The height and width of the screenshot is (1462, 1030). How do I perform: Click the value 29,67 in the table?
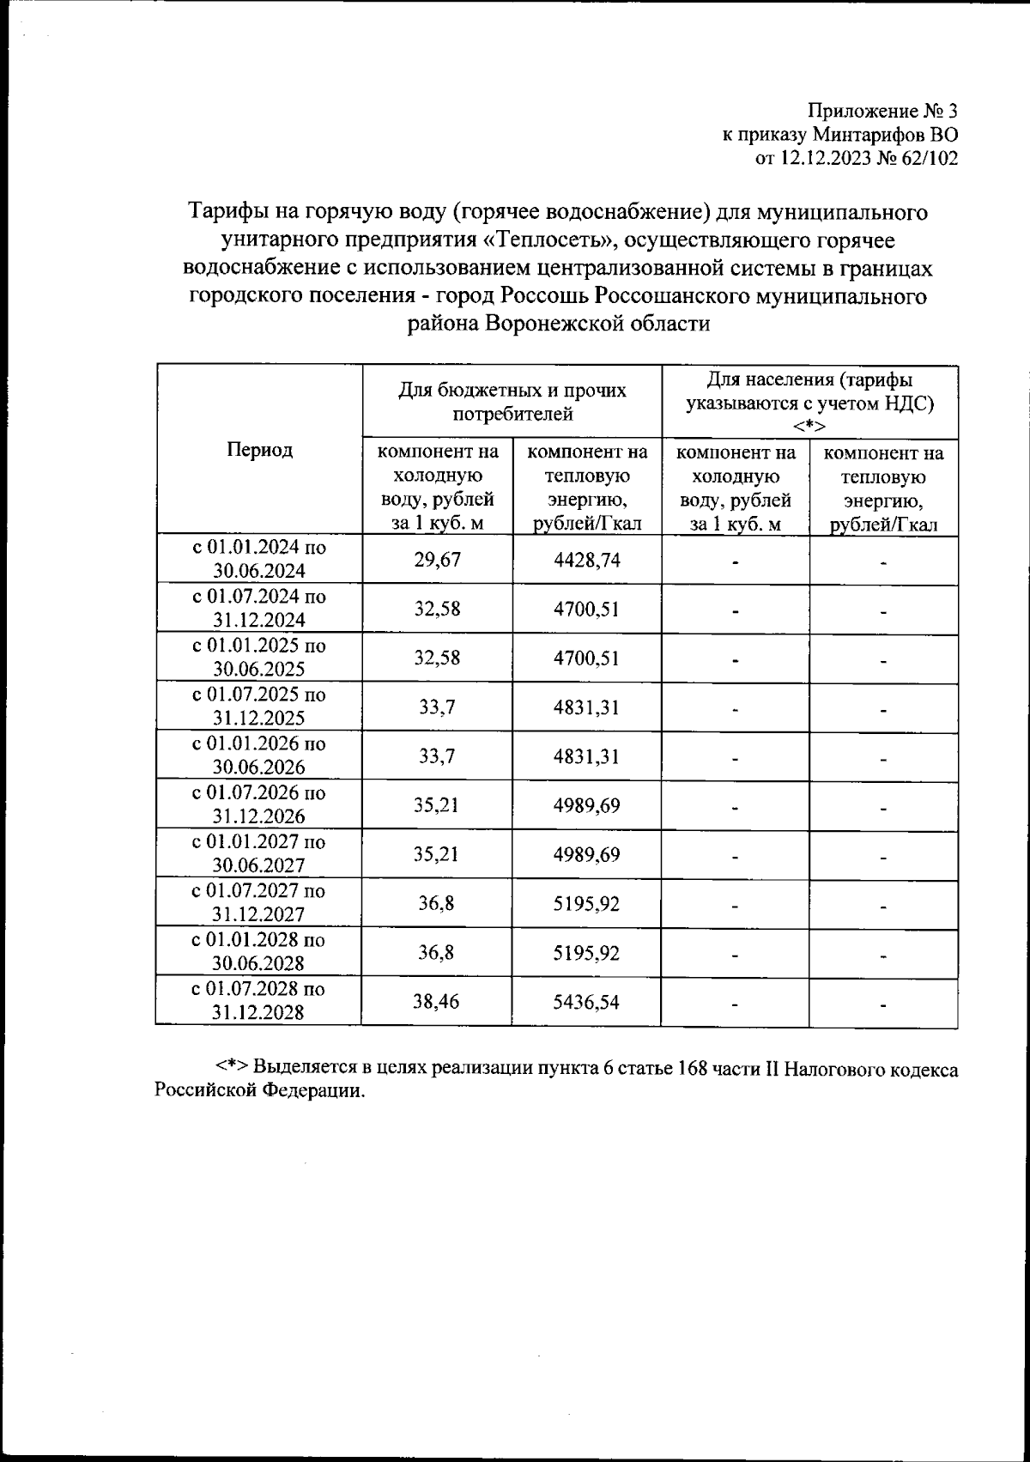(x=437, y=561)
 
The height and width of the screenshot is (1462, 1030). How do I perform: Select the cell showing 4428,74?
(x=587, y=561)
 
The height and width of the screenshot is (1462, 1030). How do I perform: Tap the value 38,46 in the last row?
(x=437, y=1002)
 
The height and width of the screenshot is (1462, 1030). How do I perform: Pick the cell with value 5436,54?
(x=587, y=1002)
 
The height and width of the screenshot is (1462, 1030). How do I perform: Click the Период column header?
(x=259, y=449)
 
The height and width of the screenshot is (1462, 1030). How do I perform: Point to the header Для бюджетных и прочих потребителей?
(x=512, y=403)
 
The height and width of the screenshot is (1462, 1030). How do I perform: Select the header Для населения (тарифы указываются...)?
(x=809, y=403)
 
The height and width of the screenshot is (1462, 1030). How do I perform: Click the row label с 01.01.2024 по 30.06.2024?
(x=259, y=560)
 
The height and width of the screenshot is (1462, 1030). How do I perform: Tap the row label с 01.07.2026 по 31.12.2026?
(x=259, y=804)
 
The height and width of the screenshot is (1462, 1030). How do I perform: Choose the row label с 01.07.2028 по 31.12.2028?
(x=259, y=1001)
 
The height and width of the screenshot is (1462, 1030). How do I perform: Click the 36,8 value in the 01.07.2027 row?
(x=437, y=904)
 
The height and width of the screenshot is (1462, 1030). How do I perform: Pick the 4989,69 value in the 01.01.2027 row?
(x=587, y=855)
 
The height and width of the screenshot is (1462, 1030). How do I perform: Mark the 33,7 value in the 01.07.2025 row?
(x=437, y=708)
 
